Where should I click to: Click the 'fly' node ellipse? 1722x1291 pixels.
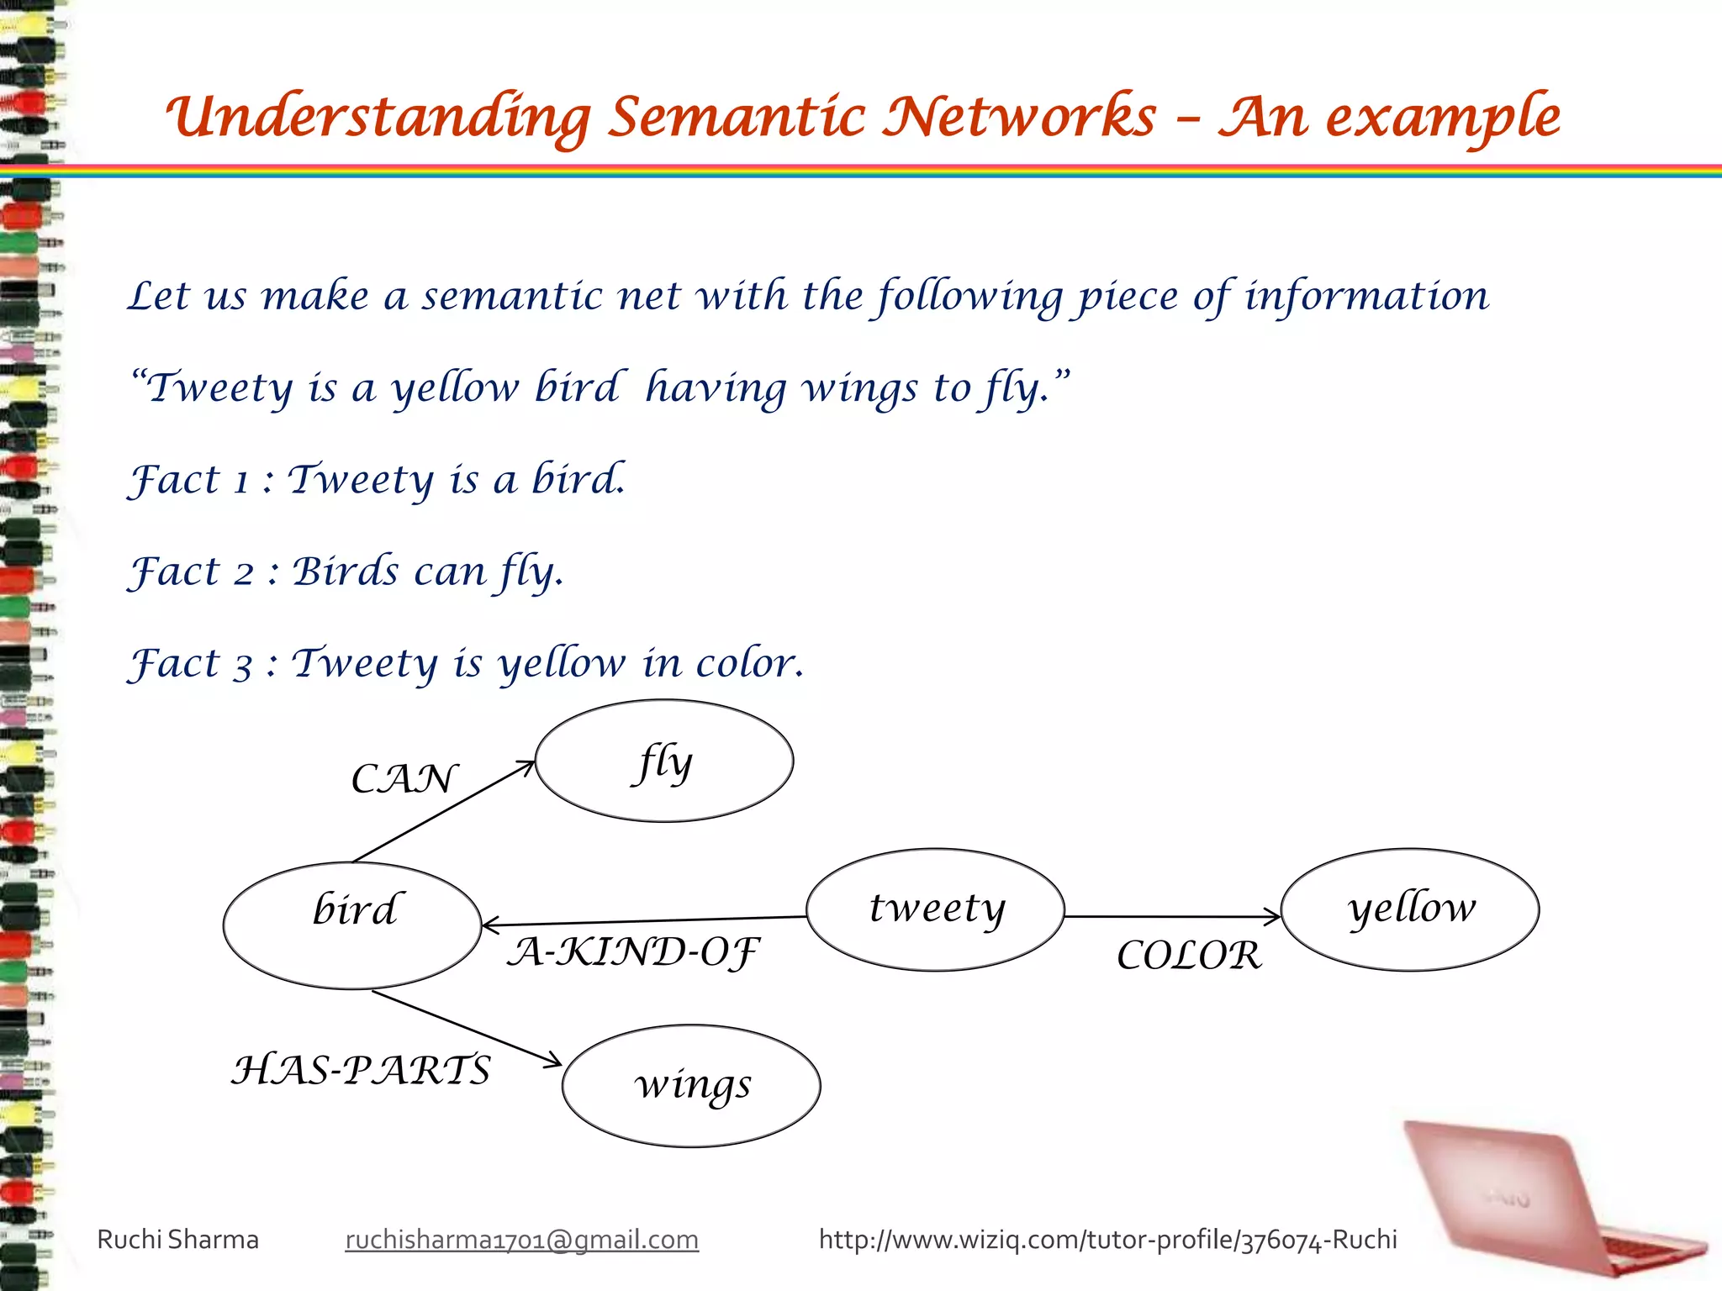(663, 761)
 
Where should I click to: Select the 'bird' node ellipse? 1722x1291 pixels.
(352, 925)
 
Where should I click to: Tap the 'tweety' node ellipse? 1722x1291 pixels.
(935, 909)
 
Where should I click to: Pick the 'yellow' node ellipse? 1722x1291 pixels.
(1410, 909)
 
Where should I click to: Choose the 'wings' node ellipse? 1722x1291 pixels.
(691, 1085)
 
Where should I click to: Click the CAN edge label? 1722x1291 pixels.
(404, 779)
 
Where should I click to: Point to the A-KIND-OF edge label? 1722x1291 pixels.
(632, 952)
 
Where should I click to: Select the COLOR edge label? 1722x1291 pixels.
(1189, 956)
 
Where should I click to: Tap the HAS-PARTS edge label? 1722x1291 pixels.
(361, 1070)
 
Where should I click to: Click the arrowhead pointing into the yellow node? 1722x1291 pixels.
(1274, 917)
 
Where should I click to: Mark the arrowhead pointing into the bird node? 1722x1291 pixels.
(490, 925)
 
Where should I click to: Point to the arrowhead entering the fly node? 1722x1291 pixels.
(526, 766)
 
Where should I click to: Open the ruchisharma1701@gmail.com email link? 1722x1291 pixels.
(521, 1240)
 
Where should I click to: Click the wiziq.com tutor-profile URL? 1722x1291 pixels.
(1107, 1240)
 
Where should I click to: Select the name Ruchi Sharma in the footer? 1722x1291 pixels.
(177, 1240)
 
